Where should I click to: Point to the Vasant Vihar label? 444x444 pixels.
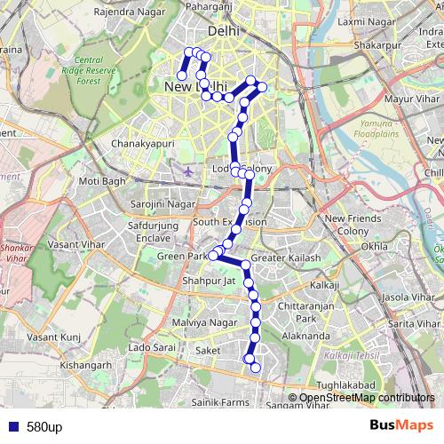(76, 242)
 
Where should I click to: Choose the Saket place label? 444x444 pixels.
(208, 351)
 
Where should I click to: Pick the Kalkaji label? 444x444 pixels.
(325, 285)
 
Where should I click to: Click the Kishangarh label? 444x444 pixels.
(87, 364)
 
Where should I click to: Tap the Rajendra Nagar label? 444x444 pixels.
(123, 12)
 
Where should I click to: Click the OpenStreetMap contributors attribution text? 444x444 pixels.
(367, 397)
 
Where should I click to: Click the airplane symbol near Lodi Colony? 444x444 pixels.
(188, 169)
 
